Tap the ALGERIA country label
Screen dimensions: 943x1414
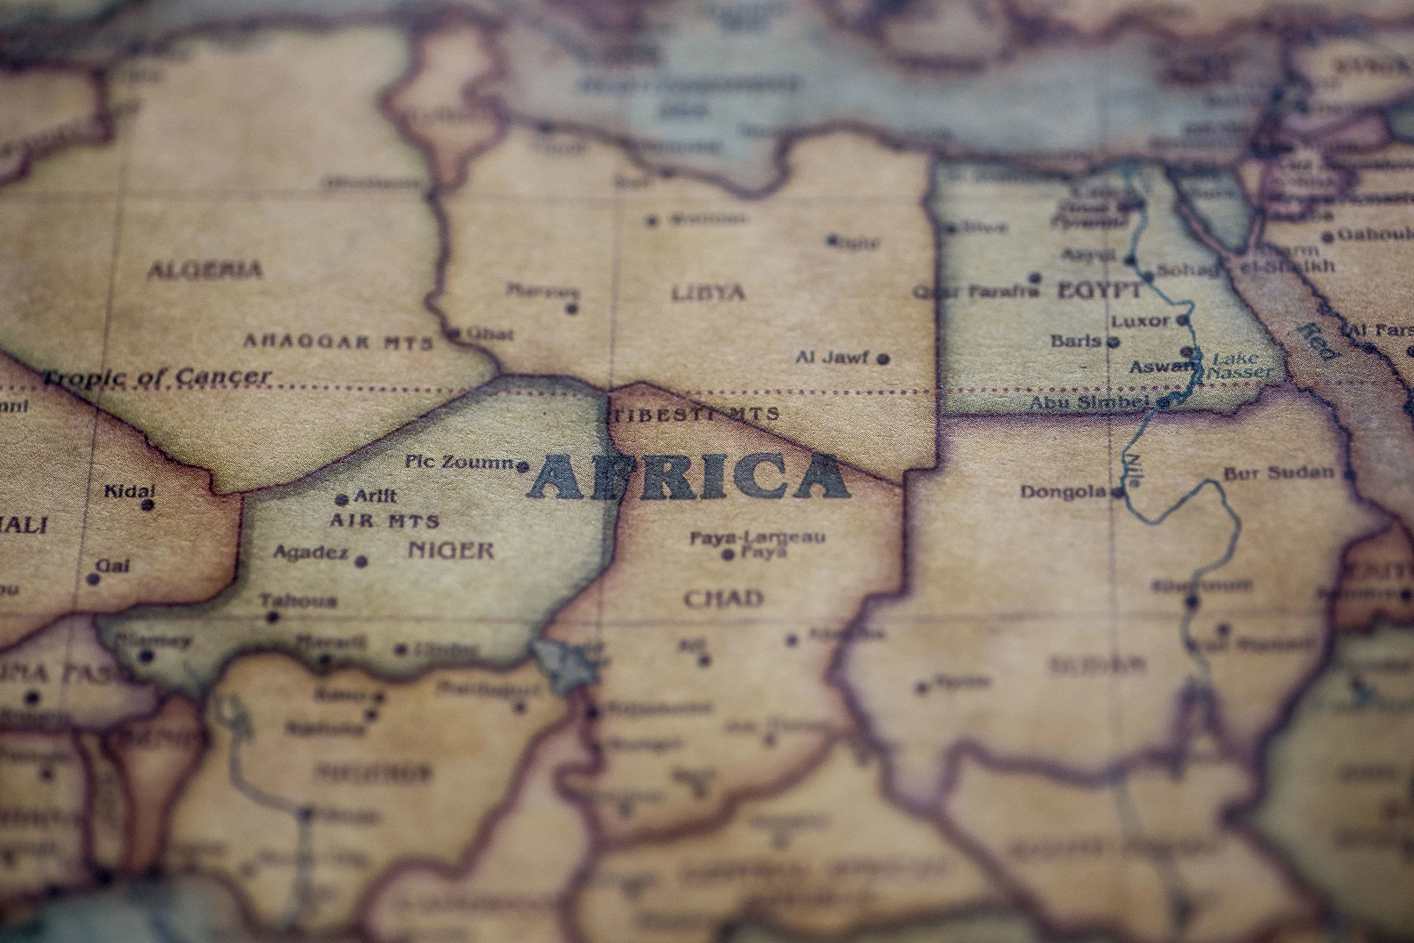[204, 270]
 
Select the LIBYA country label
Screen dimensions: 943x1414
[708, 293]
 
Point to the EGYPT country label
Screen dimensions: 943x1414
[1099, 290]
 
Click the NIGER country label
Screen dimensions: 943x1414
[451, 550]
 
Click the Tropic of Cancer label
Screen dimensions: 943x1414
[157, 377]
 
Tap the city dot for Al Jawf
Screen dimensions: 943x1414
[883, 359]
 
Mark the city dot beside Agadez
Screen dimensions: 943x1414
[361, 562]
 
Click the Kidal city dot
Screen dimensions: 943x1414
[148, 505]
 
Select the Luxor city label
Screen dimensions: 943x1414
[1140, 321]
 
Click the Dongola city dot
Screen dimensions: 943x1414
[1118, 492]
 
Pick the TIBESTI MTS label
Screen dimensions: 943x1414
[695, 414]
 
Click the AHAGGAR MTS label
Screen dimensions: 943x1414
[338, 342]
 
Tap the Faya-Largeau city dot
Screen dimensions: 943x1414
[728, 555]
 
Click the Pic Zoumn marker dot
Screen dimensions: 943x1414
[523, 466]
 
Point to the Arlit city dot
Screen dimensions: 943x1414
[342, 499]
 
